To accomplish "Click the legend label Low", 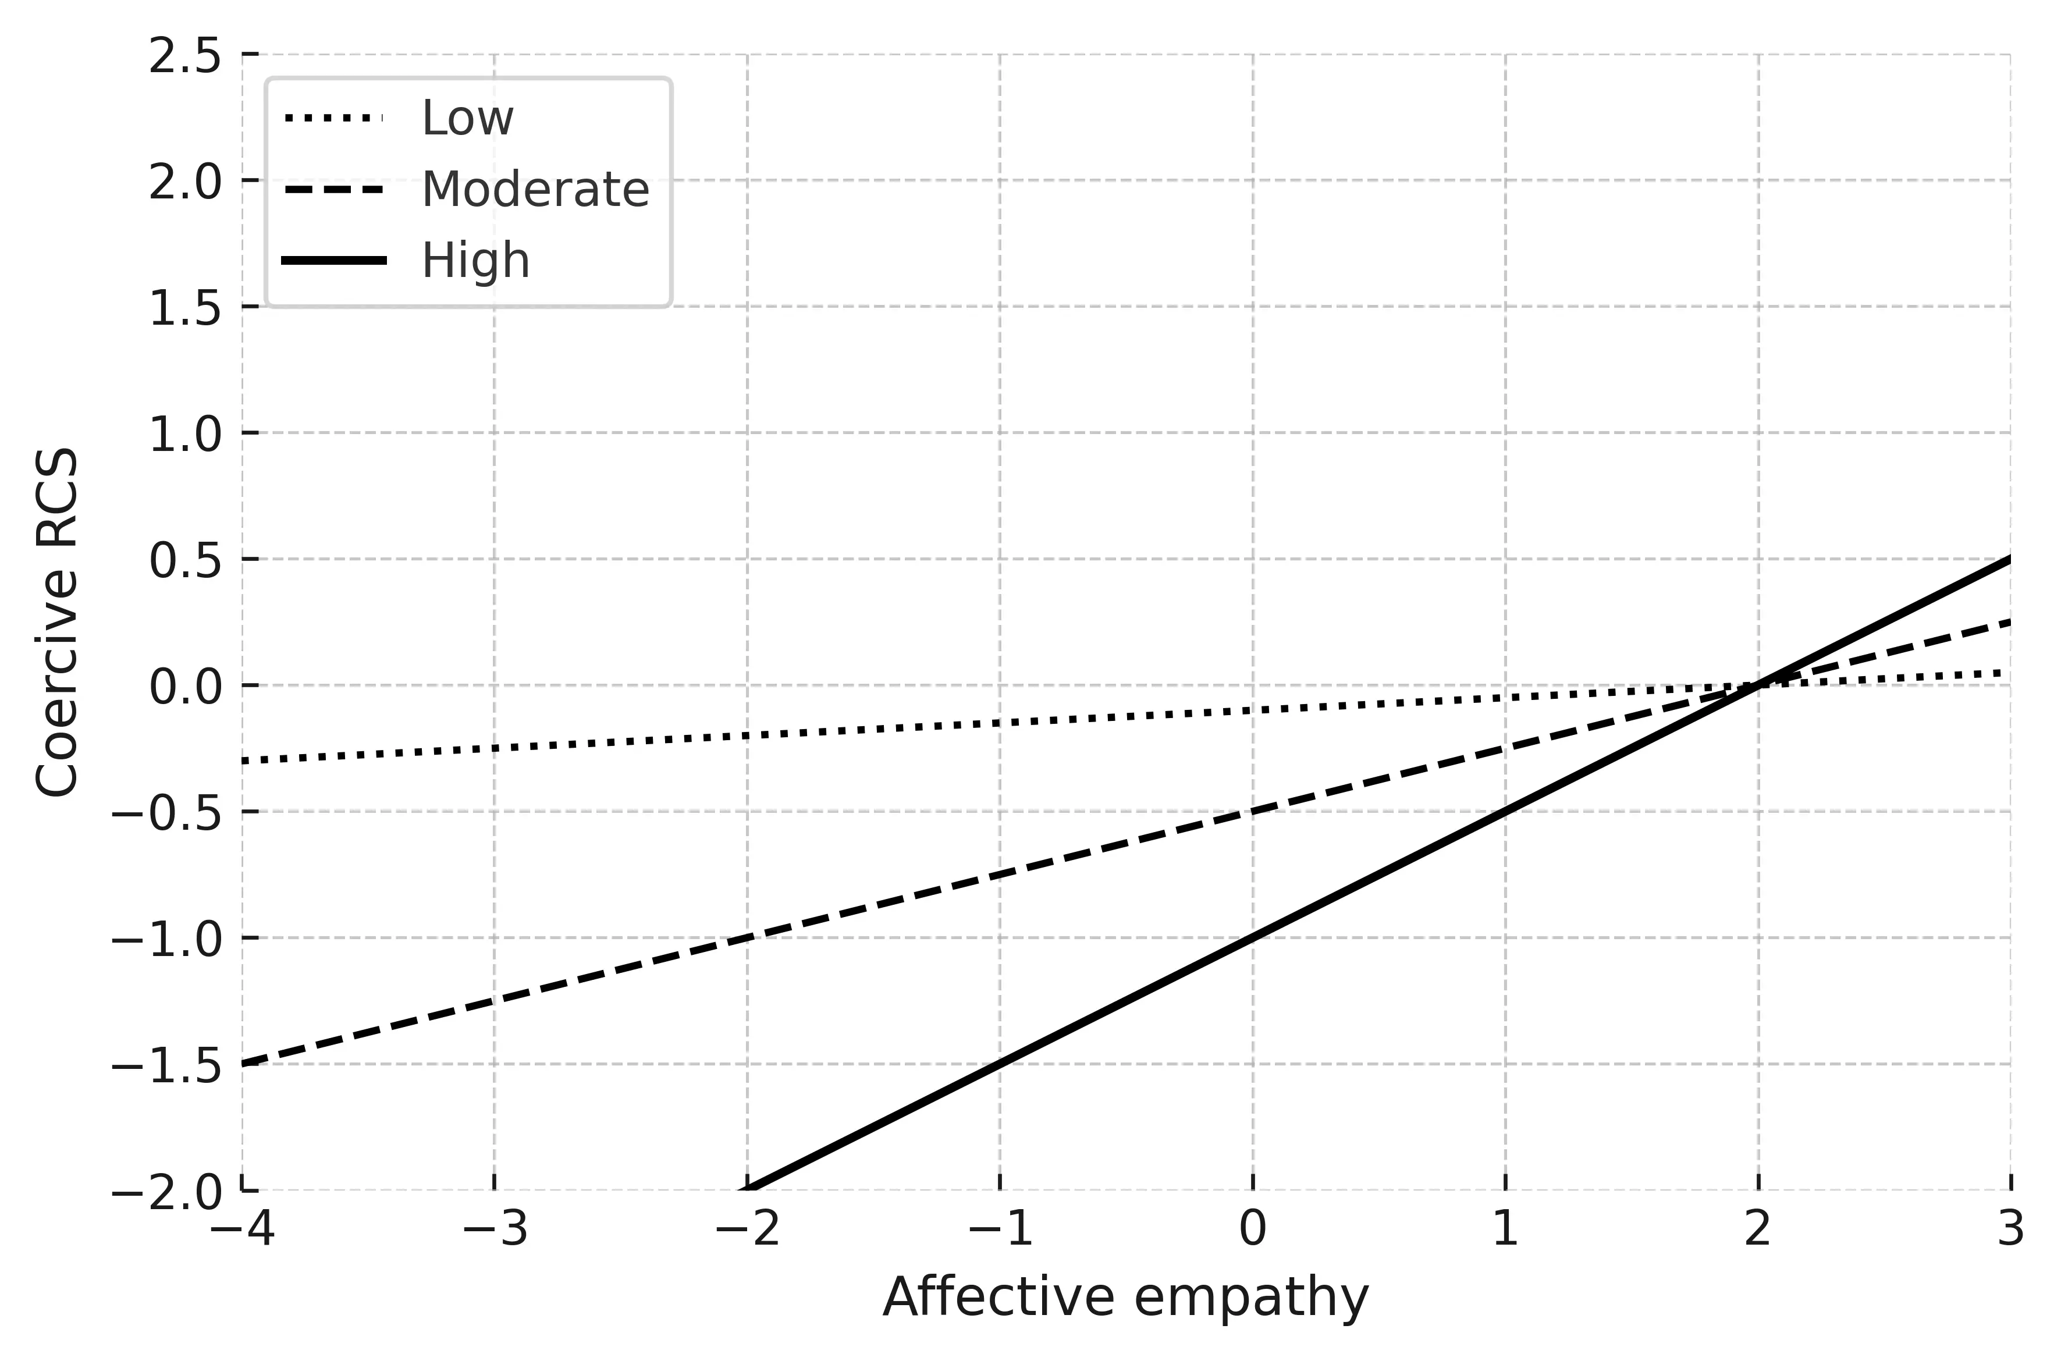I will pos(467,118).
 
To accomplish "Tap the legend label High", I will pos(475,261).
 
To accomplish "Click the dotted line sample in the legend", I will pos(333,118).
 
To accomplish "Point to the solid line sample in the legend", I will pos(333,261).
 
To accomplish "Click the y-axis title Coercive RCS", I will pos(57,621).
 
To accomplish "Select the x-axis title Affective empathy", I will pos(1125,1299).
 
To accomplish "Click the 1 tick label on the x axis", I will pos(1506,1231).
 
